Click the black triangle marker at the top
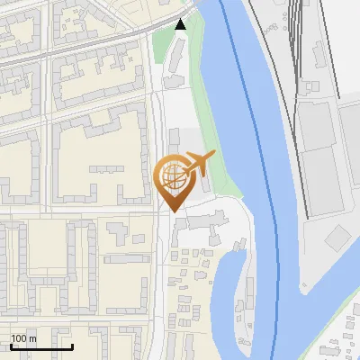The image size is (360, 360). point(181,24)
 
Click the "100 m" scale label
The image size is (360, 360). point(23,338)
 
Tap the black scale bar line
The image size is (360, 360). point(41,346)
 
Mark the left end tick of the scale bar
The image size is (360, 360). point(11,346)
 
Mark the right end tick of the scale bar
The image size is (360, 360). point(72,346)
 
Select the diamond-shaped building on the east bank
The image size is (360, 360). point(338,238)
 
